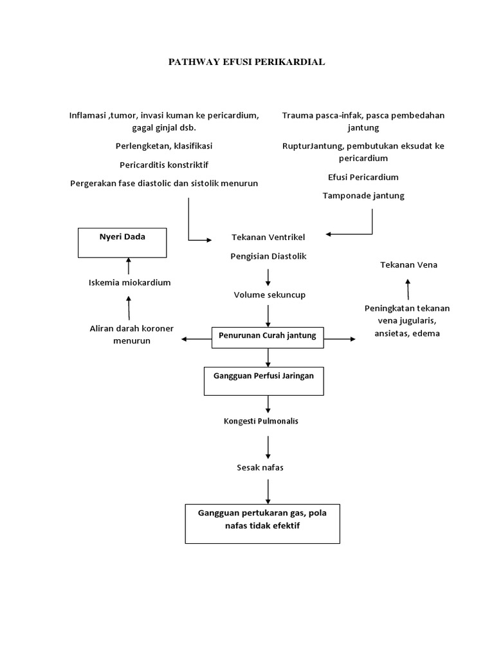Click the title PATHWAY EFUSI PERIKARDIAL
point(246,62)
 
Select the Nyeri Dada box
point(122,242)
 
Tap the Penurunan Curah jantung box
point(268,337)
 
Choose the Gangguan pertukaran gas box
point(262,523)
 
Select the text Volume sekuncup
point(269,295)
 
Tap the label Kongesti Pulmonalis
point(261,421)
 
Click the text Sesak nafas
point(260,467)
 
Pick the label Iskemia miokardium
point(129,283)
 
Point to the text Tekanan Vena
point(408,265)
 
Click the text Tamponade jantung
point(363,196)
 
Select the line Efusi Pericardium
point(363,177)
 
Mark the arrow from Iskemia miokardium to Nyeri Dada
point(129,266)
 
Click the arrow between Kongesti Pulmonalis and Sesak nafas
point(268,447)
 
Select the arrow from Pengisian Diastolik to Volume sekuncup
point(268,277)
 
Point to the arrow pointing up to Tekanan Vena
point(408,289)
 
